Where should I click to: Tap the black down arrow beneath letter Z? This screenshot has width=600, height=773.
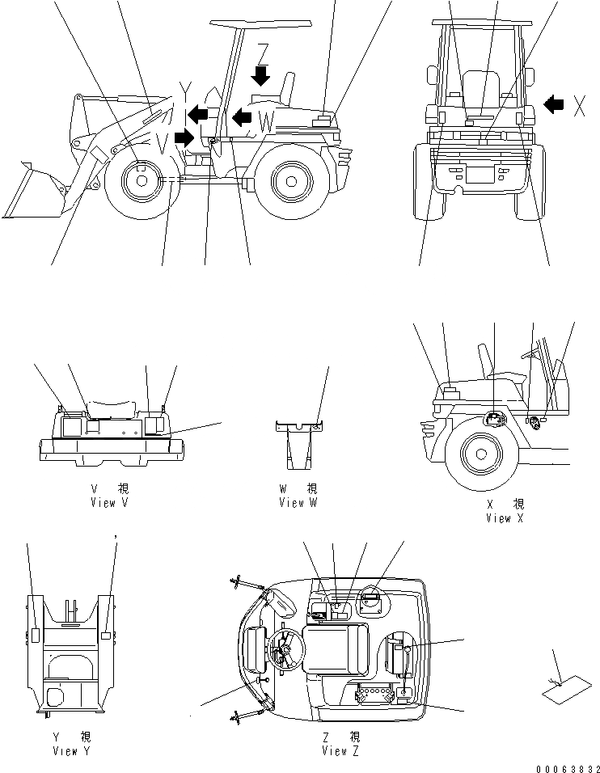(260, 77)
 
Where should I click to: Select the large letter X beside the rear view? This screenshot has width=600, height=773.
(579, 105)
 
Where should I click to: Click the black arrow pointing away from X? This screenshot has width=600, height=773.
(554, 104)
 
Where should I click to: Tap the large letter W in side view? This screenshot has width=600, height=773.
(267, 123)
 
